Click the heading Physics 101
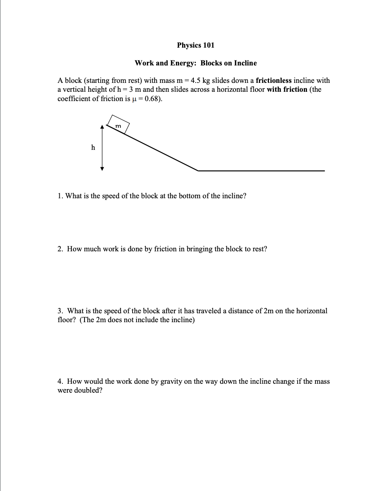point(195,45)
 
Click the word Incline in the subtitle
point(245,63)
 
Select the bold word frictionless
point(274,81)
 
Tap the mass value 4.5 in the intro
point(196,81)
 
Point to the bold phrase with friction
point(287,89)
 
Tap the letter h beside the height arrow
point(93,147)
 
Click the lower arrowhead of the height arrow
point(102,168)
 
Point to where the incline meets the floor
point(198,170)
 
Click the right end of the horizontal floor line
point(324,170)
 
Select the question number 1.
point(60,196)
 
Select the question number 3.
point(60,311)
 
